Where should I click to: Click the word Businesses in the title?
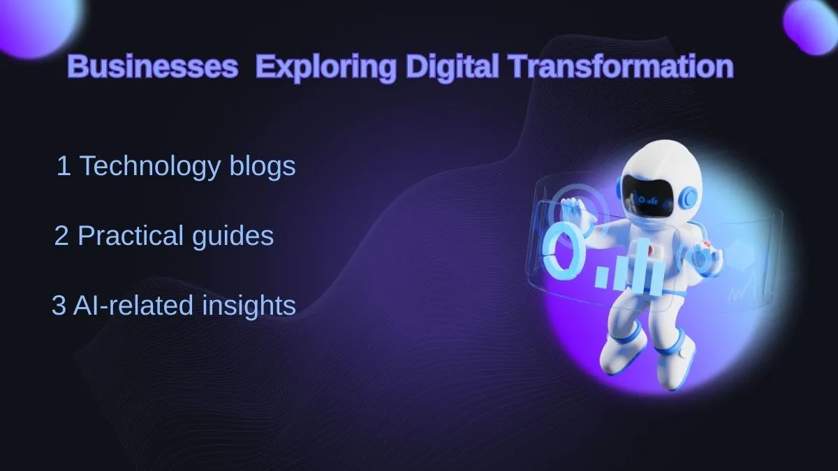[153, 66]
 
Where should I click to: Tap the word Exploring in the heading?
[326, 67]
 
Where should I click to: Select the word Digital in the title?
[453, 67]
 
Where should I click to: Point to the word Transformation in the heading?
[621, 66]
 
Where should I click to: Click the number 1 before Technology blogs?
[64, 165]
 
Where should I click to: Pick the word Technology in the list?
[150, 167]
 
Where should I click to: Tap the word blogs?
[263, 167]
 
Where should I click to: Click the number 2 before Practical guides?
[61, 236]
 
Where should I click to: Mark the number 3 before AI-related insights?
[59, 306]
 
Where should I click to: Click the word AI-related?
[133, 305]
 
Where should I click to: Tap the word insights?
[249, 306]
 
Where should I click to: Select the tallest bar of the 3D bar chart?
[642, 266]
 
